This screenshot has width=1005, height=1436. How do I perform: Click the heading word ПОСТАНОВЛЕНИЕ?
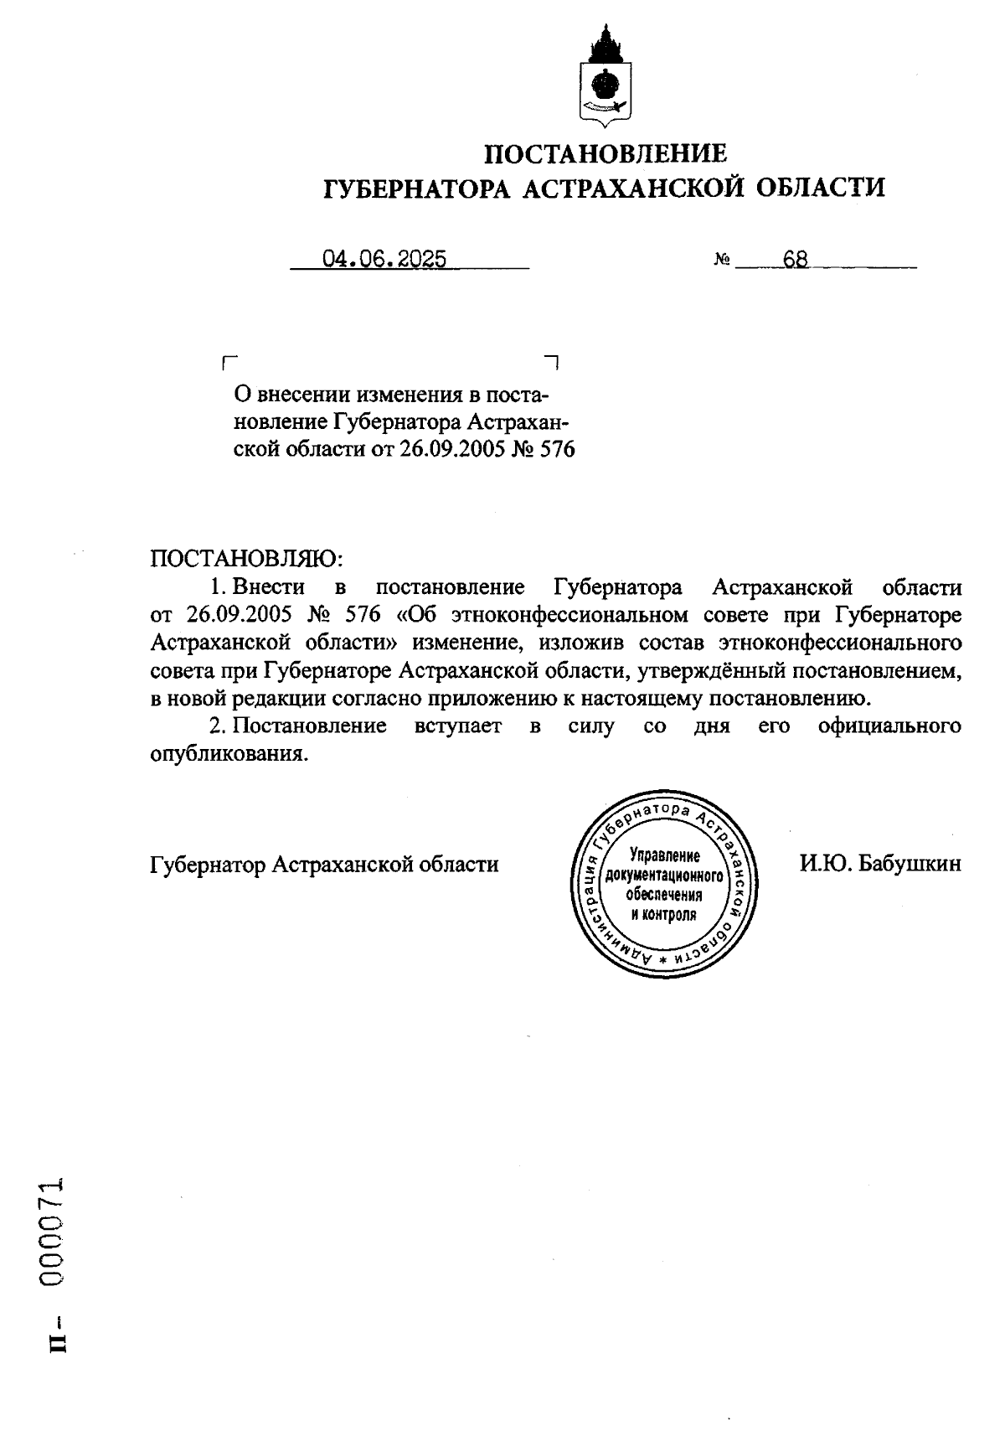pyautogui.click(x=606, y=153)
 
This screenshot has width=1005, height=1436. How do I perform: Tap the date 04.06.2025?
pyautogui.click(x=384, y=260)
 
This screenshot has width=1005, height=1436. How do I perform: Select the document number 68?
pyautogui.click(x=795, y=260)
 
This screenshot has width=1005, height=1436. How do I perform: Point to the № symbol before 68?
pyautogui.click(x=721, y=261)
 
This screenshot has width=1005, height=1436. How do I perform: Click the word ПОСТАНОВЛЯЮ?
pyautogui.click(x=247, y=557)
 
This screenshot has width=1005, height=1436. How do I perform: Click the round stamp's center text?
pyautogui.click(x=663, y=884)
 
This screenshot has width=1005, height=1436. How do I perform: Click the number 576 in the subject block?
pyautogui.click(x=557, y=449)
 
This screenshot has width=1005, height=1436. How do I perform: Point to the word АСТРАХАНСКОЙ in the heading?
pyautogui.click(x=635, y=187)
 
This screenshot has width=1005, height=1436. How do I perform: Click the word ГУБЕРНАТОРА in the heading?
pyautogui.click(x=417, y=187)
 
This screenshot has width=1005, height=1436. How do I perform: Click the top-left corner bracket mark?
pyautogui.click(x=228, y=362)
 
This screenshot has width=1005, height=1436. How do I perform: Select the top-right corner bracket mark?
pyautogui.click(x=553, y=362)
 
